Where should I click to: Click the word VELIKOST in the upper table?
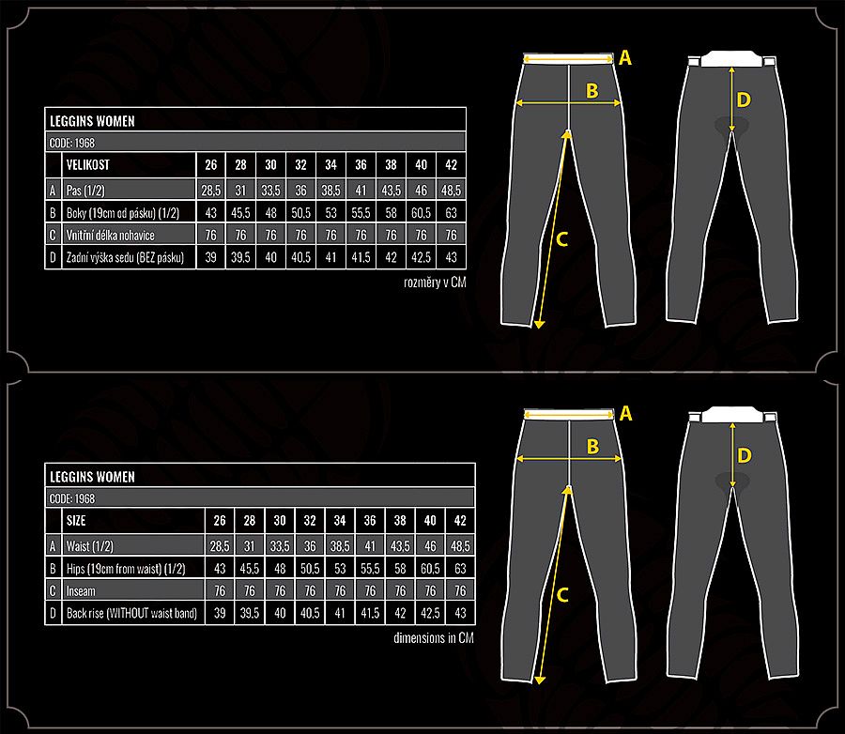click(88, 165)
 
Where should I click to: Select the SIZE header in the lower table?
click(76, 521)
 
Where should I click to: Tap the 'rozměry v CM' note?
click(435, 283)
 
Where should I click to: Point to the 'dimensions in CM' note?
click(434, 638)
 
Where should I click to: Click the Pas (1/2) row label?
click(85, 191)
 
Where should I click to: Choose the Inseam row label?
click(81, 591)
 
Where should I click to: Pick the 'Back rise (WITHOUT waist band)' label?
click(131, 613)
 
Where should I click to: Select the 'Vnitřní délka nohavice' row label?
click(111, 236)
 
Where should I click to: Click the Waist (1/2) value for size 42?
click(460, 546)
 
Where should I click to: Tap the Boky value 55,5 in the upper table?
click(361, 213)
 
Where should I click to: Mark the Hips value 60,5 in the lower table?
click(430, 569)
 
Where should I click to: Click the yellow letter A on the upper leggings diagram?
click(625, 57)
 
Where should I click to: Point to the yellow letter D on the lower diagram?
click(745, 456)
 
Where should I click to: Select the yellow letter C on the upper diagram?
click(562, 239)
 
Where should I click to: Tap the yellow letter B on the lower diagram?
click(592, 447)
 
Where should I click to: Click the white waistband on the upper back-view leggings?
click(731, 59)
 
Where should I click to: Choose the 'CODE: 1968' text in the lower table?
click(72, 498)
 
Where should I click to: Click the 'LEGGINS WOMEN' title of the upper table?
click(92, 121)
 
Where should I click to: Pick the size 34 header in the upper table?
click(330, 165)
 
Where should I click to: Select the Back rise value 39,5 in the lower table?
click(250, 613)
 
